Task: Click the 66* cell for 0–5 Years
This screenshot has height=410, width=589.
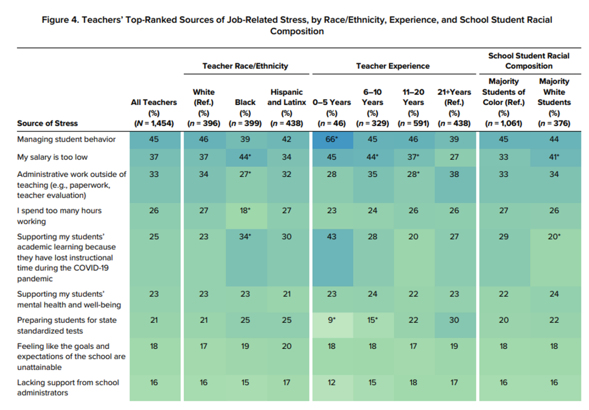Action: tap(332, 139)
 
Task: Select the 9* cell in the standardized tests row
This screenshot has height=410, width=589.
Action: tap(332, 320)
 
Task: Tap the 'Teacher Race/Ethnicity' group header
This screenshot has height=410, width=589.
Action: tap(245, 66)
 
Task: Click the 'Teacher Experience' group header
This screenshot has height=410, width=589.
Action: tap(393, 66)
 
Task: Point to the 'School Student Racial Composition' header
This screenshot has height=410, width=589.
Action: tap(528, 61)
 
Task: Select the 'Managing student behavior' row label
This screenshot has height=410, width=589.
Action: tap(66, 139)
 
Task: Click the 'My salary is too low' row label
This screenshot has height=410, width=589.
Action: tap(53, 157)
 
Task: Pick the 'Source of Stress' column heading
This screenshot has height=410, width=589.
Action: tap(48, 123)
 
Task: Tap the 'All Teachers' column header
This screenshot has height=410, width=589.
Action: tap(154, 102)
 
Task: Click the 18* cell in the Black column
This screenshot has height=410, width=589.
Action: tap(245, 211)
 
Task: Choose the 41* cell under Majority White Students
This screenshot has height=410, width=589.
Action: tap(554, 157)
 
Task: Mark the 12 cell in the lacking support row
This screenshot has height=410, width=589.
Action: tap(332, 382)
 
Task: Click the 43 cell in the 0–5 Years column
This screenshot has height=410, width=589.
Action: tap(332, 237)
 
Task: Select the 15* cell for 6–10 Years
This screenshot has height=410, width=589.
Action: tap(372, 320)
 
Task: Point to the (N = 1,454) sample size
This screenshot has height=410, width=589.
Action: tap(154, 123)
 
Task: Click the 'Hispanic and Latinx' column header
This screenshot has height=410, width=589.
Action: tap(286, 97)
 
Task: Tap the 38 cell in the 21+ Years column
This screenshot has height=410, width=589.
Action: tap(454, 174)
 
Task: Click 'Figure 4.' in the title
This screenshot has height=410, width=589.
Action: tap(60, 20)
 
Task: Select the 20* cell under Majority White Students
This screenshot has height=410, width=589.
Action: tap(554, 237)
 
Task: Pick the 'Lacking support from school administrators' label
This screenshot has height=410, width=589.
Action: tap(68, 387)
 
